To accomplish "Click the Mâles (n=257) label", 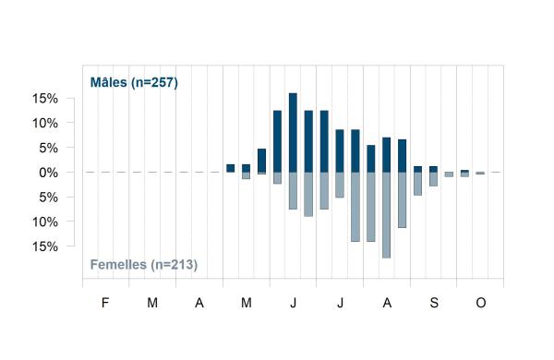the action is point(134,82).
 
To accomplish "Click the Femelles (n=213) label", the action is point(144,264).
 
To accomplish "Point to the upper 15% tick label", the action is point(45,98).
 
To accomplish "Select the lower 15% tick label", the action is point(45,246).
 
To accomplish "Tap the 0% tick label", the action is point(49,173).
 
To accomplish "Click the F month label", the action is point(105,303).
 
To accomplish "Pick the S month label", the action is point(434,303).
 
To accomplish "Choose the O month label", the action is point(481,303).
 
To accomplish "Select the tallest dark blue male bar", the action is point(293,133).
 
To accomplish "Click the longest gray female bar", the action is point(387,215).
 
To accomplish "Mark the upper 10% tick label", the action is point(45,123).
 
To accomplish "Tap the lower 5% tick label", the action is point(49,198).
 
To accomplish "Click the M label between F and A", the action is point(152,303).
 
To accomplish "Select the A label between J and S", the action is point(387,303).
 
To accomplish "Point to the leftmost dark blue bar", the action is point(230,168).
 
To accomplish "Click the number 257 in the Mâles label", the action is point(163,82).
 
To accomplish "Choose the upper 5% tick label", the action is point(49,148).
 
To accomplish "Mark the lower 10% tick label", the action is point(45,222).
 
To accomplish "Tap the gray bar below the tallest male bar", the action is point(293,191).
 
